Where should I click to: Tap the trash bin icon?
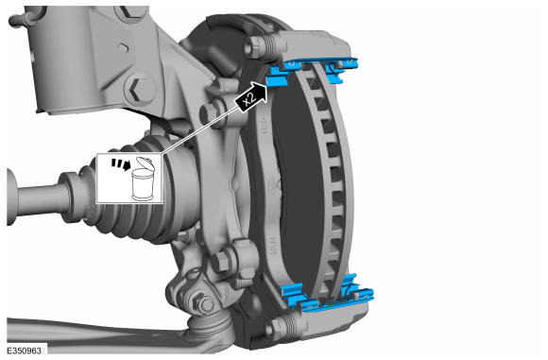tap(143, 180)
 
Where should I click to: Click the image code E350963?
tap(25, 351)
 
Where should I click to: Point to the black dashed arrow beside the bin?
tap(121, 164)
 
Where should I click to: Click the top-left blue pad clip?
tap(279, 75)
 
